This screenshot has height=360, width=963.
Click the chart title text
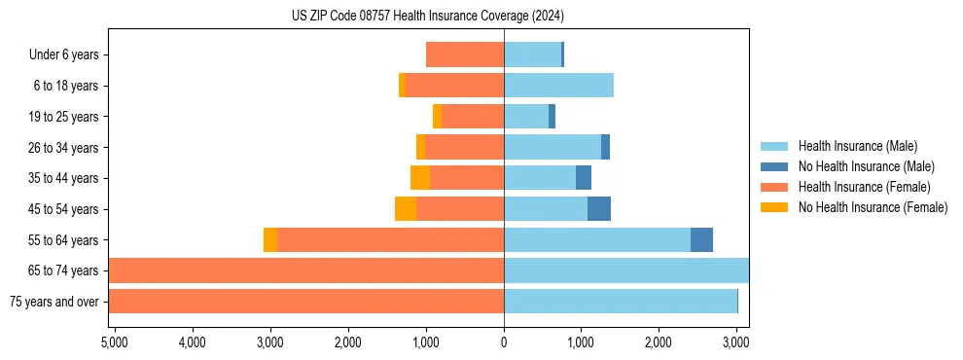tap(428, 17)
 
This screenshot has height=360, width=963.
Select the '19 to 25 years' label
tap(64, 117)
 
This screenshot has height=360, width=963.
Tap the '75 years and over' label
tap(54, 302)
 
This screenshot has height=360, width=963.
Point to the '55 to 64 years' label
tap(64, 240)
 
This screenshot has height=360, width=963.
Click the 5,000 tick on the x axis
tap(114, 342)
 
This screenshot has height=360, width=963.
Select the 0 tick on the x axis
tap(504, 342)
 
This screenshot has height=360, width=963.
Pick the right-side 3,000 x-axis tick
tap(736, 342)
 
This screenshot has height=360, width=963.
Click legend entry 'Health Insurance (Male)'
tap(856, 146)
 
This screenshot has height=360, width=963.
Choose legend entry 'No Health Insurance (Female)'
tap(873, 207)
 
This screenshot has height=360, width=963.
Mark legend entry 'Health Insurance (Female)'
tap(864, 187)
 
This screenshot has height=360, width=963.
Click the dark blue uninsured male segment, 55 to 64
tap(701, 240)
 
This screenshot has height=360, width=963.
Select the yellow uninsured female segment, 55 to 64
tap(270, 240)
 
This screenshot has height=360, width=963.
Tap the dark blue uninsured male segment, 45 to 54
tap(599, 209)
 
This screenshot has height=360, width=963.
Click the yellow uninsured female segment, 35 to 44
tap(420, 178)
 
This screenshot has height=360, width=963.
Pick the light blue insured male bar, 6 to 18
tap(558, 86)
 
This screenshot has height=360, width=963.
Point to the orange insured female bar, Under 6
tap(465, 54)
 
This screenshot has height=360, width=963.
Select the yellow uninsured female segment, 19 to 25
tap(437, 117)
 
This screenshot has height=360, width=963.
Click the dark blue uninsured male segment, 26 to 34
tap(605, 147)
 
